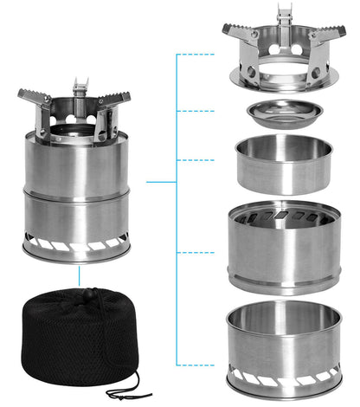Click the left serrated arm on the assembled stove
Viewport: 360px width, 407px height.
(32, 97)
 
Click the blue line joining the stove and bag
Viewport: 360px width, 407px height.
(78, 275)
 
